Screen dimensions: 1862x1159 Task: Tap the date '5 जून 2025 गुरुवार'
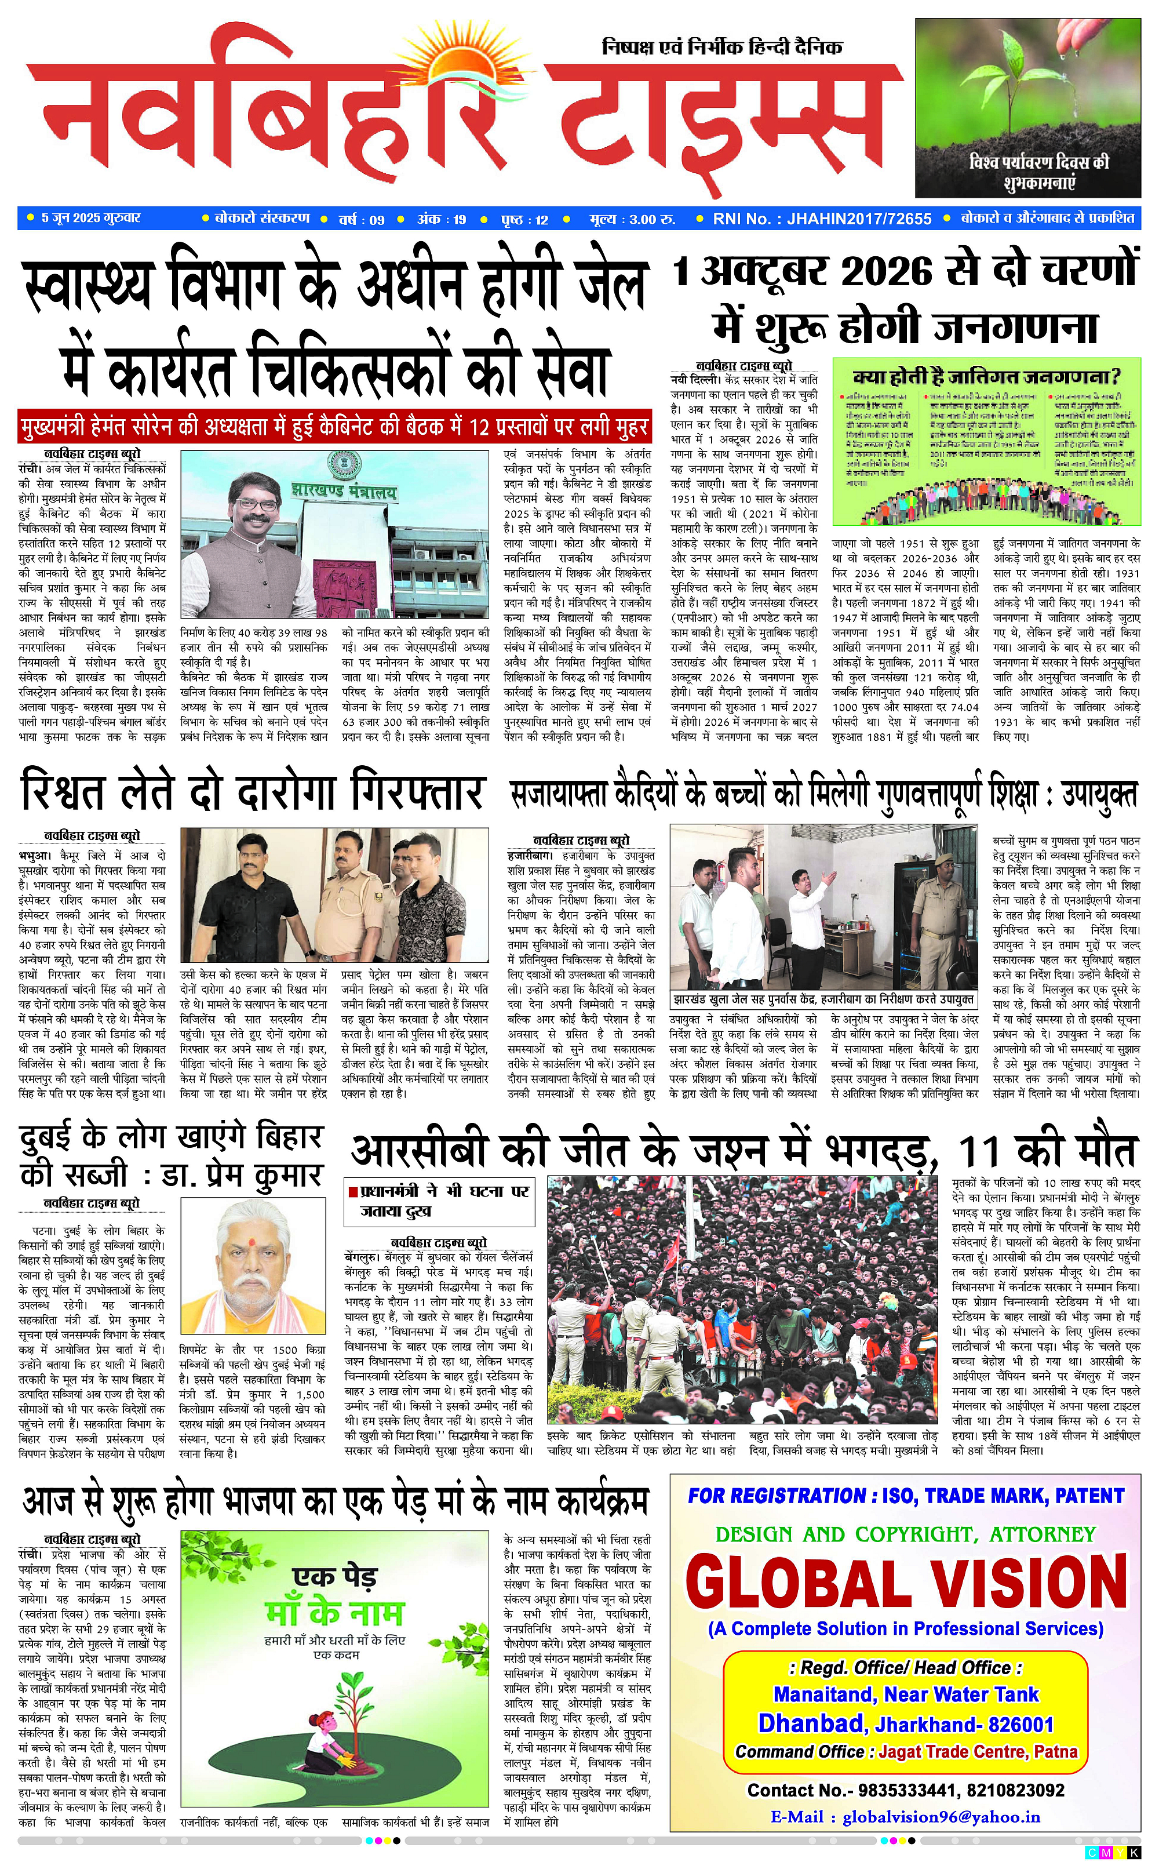point(90,219)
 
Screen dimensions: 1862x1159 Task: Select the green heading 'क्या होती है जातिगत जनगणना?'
point(986,377)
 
